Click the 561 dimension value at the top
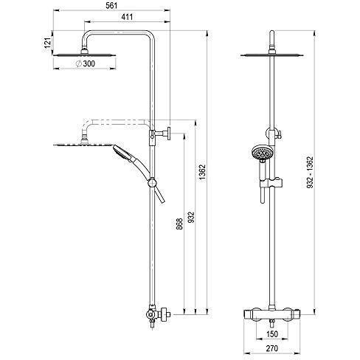coord(111,6)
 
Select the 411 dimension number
coord(127,17)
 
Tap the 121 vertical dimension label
coord(48,43)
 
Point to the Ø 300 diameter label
coord(85,63)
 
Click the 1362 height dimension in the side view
coord(202,173)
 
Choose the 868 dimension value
coord(180,224)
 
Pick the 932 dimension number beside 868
coord(191,217)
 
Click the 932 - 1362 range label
coord(311,173)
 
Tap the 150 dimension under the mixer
coord(272,334)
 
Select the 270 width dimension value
coord(272,348)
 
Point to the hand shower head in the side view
coord(122,153)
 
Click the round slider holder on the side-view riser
coord(152,183)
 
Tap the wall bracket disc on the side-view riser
coord(169,134)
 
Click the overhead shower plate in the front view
coord(272,55)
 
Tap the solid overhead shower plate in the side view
coord(84,55)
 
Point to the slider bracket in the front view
coord(271,183)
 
